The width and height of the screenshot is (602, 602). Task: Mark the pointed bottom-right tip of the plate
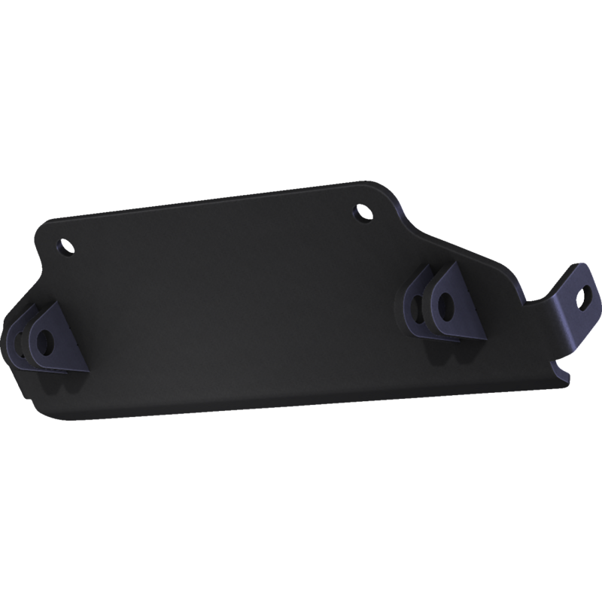561,383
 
